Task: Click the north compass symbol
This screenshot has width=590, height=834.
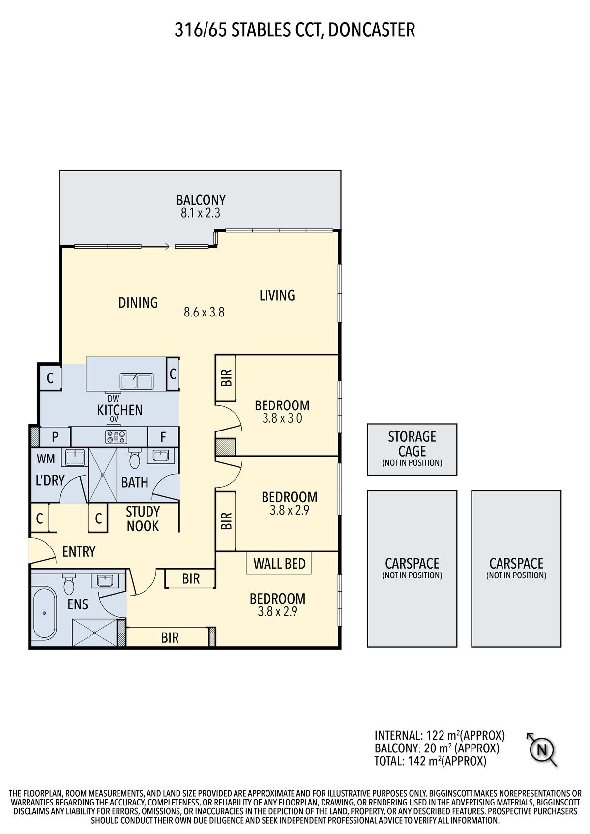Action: pyautogui.click(x=542, y=750)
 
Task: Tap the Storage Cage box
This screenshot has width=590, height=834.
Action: pyautogui.click(x=412, y=449)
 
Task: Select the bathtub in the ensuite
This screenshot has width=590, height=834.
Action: pyautogui.click(x=44, y=613)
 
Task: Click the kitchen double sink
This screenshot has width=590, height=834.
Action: pyautogui.click(x=137, y=382)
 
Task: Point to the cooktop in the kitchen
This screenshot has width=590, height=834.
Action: pyautogui.click(x=116, y=437)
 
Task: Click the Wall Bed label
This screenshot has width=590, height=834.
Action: pyautogui.click(x=279, y=564)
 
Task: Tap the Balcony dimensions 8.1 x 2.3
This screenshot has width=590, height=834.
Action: pyautogui.click(x=201, y=213)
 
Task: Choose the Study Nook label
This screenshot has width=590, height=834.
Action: pyautogui.click(x=143, y=518)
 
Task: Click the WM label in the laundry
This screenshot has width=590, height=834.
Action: pyautogui.click(x=46, y=459)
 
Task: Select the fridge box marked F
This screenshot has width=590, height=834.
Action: pyautogui.click(x=163, y=437)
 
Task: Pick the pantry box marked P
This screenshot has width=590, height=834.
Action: pyautogui.click(x=55, y=437)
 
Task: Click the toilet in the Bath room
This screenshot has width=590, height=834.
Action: pyautogui.click(x=134, y=459)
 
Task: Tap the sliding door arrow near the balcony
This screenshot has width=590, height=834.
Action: pyautogui.click(x=156, y=246)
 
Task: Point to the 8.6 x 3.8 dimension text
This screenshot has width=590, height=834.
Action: pyautogui.click(x=204, y=312)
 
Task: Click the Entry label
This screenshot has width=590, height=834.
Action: pyautogui.click(x=79, y=552)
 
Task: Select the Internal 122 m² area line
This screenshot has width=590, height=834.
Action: pyautogui.click(x=440, y=735)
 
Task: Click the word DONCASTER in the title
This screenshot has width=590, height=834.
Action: pyautogui.click(x=372, y=30)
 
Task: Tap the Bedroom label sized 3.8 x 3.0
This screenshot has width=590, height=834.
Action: pyautogui.click(x=282, y=405)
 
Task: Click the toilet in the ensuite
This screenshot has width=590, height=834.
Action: pyautogui.click(x=69, y=584)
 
